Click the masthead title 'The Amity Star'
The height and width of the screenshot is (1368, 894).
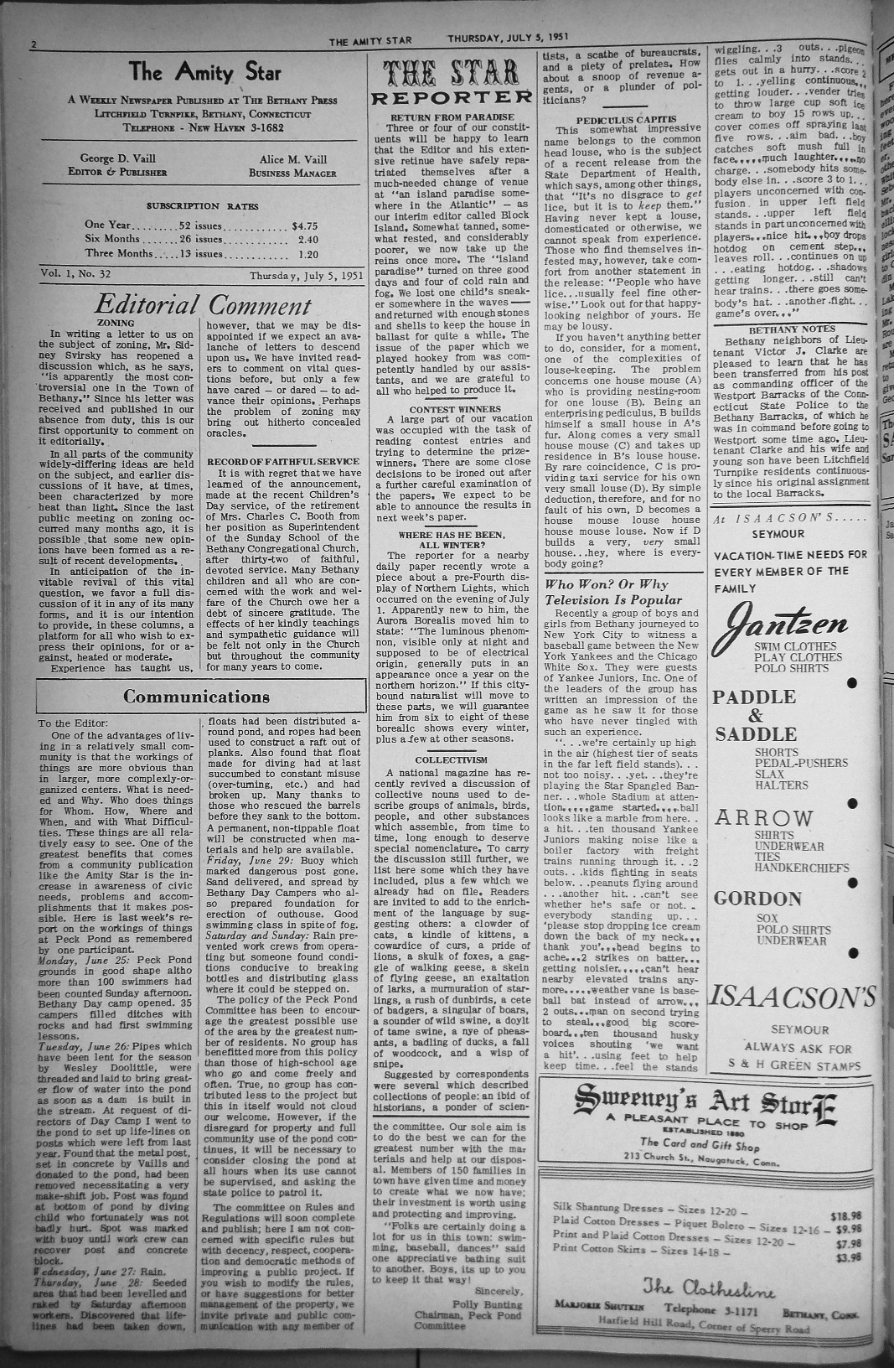point(204,73)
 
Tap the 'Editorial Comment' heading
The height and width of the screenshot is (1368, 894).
point(203,305)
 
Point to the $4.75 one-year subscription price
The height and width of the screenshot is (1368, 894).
point(303,225)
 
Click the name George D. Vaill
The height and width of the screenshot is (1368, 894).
point(117,158)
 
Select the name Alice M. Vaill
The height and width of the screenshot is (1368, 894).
point(292,158)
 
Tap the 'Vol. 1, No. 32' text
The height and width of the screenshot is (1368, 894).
point(76,274)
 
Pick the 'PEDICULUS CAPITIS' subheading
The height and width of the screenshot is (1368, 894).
point(621,120)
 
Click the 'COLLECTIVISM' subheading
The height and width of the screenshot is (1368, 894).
point(451,759)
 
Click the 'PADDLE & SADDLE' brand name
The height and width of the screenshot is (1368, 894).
point(754,715)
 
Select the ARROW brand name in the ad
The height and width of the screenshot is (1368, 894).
point(762,817)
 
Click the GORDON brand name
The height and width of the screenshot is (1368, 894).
point(757,899)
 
